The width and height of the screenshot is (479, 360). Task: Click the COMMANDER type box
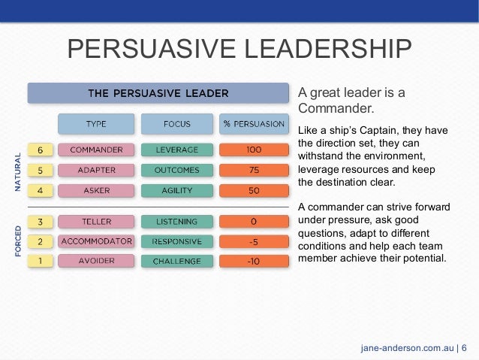[96, 150]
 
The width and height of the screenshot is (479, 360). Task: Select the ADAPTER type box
[96, 170]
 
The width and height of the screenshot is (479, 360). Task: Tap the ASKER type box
[96, 191]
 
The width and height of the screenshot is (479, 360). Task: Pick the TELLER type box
[96, 222]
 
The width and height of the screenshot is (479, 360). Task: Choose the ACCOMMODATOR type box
[96, 241]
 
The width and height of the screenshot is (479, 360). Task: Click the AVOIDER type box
[96, 262]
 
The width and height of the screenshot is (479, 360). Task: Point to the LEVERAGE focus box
[176, 150]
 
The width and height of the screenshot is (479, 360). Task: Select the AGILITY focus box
[176, 191]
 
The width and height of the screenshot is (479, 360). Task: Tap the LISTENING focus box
[176, 222]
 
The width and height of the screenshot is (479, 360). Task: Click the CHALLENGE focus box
[176, 262]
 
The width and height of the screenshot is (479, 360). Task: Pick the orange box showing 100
[254, 150]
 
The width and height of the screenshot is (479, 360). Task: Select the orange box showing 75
[254, 170]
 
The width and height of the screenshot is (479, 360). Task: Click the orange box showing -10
[254, 262]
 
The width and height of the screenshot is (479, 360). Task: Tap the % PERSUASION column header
[254, 123]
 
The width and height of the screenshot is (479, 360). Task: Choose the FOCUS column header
[176, 123]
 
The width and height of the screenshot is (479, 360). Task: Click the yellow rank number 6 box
[40, 150]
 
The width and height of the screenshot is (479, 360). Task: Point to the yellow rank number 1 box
[40, 262]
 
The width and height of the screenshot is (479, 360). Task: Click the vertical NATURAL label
[17, 171]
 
